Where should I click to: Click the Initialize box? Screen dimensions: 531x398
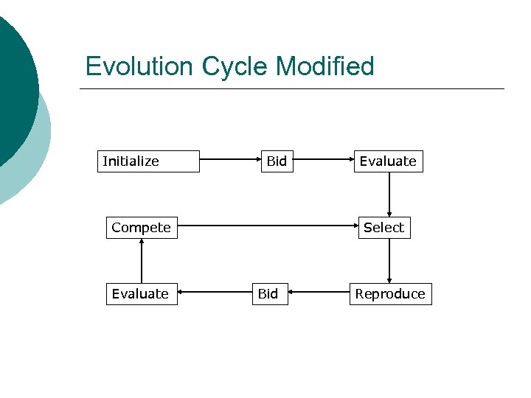click(x=148, y=161)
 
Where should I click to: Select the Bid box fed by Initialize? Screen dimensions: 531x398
click(x=277, y=161)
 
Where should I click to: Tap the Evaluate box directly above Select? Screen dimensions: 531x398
click(x=388, y=161)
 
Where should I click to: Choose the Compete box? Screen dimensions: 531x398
click(x=141, y=228)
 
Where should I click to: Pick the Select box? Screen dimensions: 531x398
click(x=383, y=228)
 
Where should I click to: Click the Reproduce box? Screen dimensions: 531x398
click(x=390, y=294)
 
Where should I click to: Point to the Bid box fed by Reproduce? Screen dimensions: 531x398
click(x=268, y=294)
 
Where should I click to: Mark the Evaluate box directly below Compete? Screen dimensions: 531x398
click(x=140, y=294)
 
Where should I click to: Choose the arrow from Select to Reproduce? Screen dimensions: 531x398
click(x=389, y=261)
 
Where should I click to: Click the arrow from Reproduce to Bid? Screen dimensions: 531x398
click(x=318, y=293)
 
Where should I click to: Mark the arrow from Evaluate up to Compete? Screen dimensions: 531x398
click(x=141, y=261)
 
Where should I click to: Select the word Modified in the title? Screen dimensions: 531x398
click(x=325, y=66)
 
